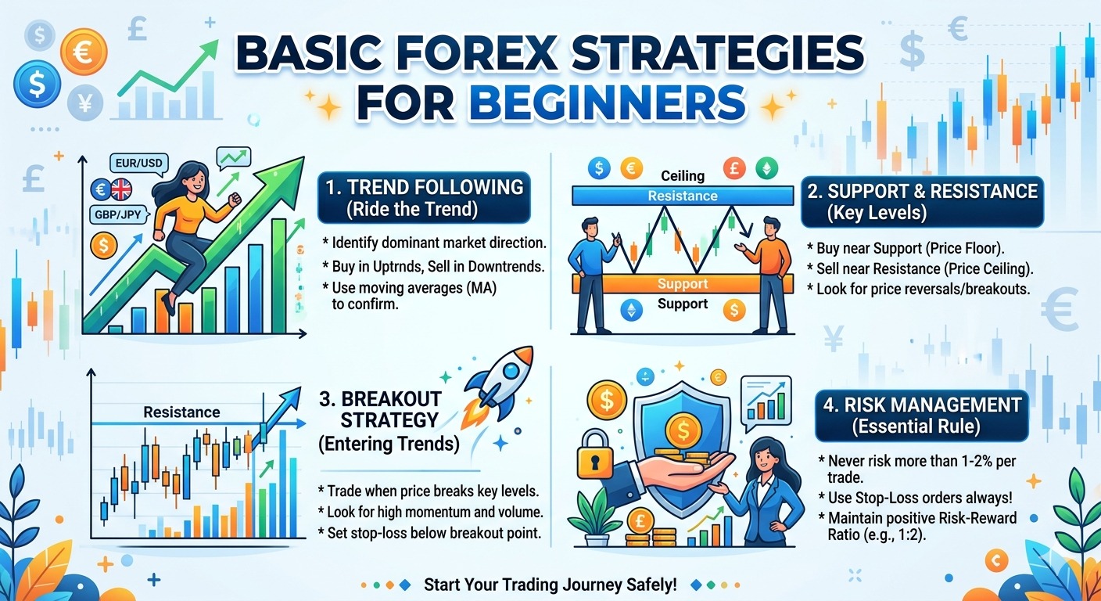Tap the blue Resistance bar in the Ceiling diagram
click(683, 196)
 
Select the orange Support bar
click(683, 283)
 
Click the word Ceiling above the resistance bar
click(683, 176)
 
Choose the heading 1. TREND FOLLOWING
click(425, 188)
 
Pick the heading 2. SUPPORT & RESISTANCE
click(923, 192)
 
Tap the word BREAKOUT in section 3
click(380, 398)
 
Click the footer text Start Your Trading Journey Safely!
click(550, 585)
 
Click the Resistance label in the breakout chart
click(181, 412)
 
